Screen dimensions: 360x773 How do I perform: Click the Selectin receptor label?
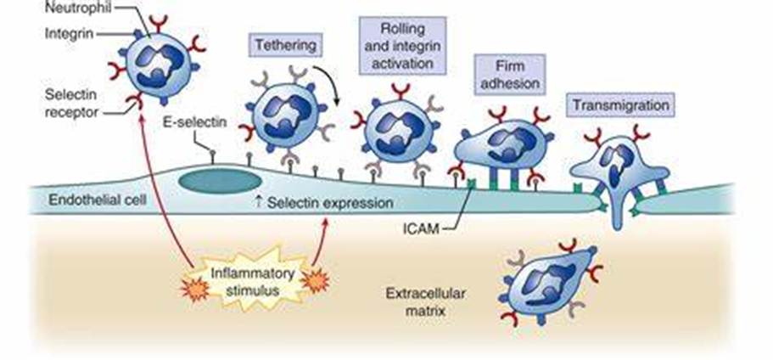point(72,104)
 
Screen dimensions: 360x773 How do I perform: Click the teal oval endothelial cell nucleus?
point(219,181)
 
